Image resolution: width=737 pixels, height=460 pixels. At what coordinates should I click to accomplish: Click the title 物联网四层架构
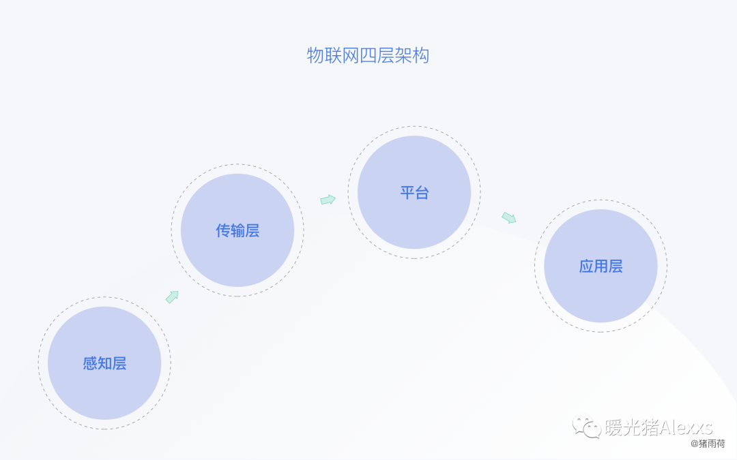[368, 55]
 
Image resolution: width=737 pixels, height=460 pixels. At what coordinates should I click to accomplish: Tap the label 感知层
[104, 363]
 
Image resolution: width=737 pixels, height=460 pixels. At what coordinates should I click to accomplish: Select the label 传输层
[237, 230]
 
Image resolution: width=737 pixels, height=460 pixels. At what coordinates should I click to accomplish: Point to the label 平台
[414, 192]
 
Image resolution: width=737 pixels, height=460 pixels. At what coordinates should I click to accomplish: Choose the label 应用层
[601, 266]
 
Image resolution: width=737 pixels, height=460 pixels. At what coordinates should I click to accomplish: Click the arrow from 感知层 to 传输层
[172, 296]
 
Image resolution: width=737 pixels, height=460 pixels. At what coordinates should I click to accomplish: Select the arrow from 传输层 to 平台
[328, 200]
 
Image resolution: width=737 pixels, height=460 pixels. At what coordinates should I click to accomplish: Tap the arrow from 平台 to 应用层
[509, 217]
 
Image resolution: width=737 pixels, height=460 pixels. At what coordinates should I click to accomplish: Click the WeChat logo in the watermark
[586, 427]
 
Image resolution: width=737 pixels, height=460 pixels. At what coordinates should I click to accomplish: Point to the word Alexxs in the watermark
[683, 427]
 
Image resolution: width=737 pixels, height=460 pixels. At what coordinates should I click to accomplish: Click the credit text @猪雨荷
[708, 444]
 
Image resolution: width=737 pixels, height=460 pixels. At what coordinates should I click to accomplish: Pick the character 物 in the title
[315, 55]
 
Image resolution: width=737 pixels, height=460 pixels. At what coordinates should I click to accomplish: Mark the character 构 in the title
[421, 55]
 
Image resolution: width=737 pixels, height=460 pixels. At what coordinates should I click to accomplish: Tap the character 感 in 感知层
[90, 363]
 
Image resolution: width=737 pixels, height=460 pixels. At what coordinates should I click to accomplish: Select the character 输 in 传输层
[237, 230]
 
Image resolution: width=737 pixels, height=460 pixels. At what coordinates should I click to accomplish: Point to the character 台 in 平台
[422, 192]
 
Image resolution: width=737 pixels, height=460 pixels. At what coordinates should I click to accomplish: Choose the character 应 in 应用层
[586, 266]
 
